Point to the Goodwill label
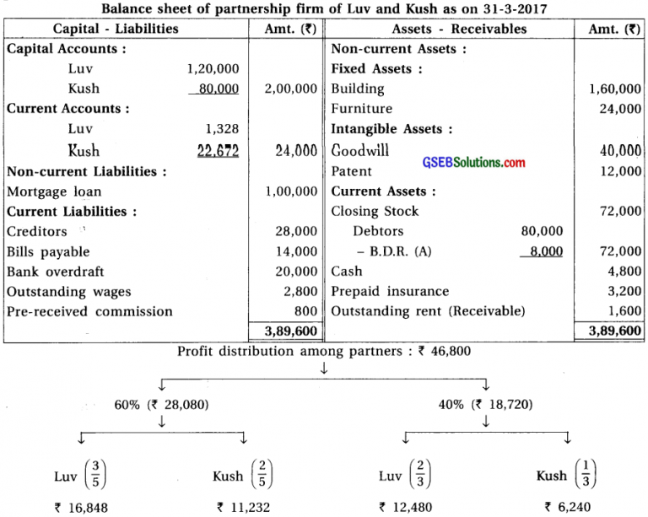[x=360, y=151]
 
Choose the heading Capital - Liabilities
[x=116, y=28]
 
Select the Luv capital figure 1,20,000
[x=213, y=69]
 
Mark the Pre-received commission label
[x=89, y=312]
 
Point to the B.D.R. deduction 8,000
[x=544, y=251]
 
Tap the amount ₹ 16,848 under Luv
[x=78, y=508]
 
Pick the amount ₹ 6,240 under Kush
[x=566, y=508]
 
